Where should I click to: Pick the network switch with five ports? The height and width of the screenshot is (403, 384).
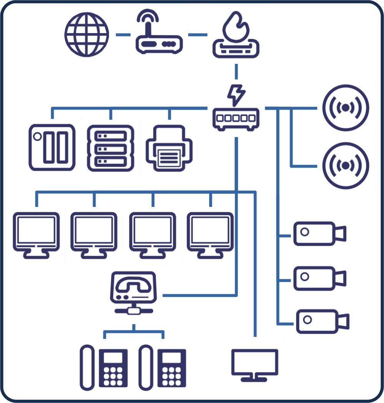click(236, 118)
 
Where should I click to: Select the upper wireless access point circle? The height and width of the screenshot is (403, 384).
click(346, 108)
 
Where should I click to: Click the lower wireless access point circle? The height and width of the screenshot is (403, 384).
click(346, 166)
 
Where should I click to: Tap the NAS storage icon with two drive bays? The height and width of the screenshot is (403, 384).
click(52, 147)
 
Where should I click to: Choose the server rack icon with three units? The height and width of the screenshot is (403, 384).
click(111, 148)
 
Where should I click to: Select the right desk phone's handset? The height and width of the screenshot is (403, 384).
click(146, 367)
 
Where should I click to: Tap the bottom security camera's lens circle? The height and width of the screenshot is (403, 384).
click(308, 320)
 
